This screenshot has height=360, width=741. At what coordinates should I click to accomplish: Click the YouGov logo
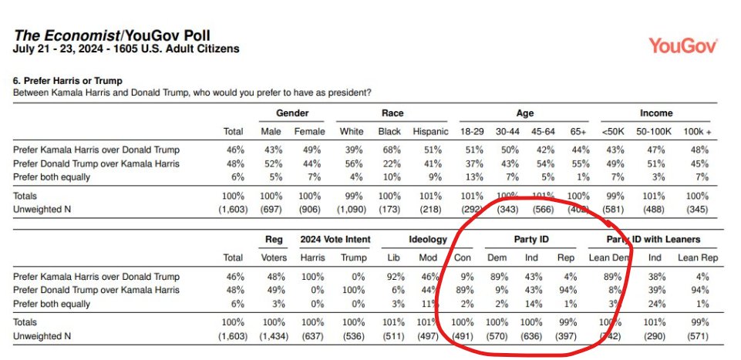tap(684, 45)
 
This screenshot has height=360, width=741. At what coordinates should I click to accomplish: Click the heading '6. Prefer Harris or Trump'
tap(66, 81)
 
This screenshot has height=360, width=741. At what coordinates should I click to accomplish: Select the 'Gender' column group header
tap(288, 113)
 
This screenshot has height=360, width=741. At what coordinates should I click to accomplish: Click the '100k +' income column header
tap(697, 131)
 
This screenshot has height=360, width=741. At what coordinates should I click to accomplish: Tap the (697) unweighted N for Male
tap(270, 209)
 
